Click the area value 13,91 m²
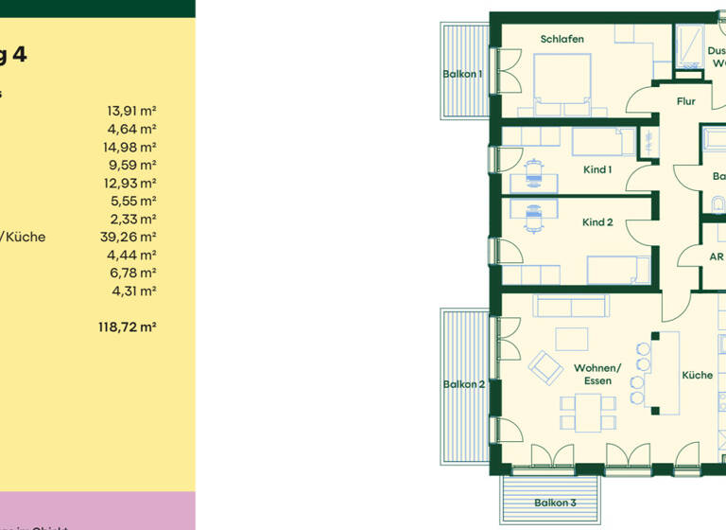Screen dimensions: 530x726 tap(131, 111)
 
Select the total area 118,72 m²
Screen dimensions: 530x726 tap(127, 327)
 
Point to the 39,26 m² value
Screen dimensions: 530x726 tap(128, 238)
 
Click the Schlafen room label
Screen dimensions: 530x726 tap(562, 39)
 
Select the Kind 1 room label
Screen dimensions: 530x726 tap(597, 170)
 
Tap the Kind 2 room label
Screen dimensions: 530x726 tap(597, 222)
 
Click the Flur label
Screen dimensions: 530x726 tap(686, 101)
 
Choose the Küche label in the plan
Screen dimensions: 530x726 tap(698, 376)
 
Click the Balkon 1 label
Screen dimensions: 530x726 tap(462, 74)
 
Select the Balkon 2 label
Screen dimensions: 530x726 tap(463, 384)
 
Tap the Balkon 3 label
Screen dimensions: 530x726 tap(555, 503)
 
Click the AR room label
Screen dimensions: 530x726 tap(716, 256)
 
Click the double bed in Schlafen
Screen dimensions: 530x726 tap(563, 79)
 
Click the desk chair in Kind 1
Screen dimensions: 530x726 tap(535, 176)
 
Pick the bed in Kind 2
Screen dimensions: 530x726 tap(618, 270)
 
